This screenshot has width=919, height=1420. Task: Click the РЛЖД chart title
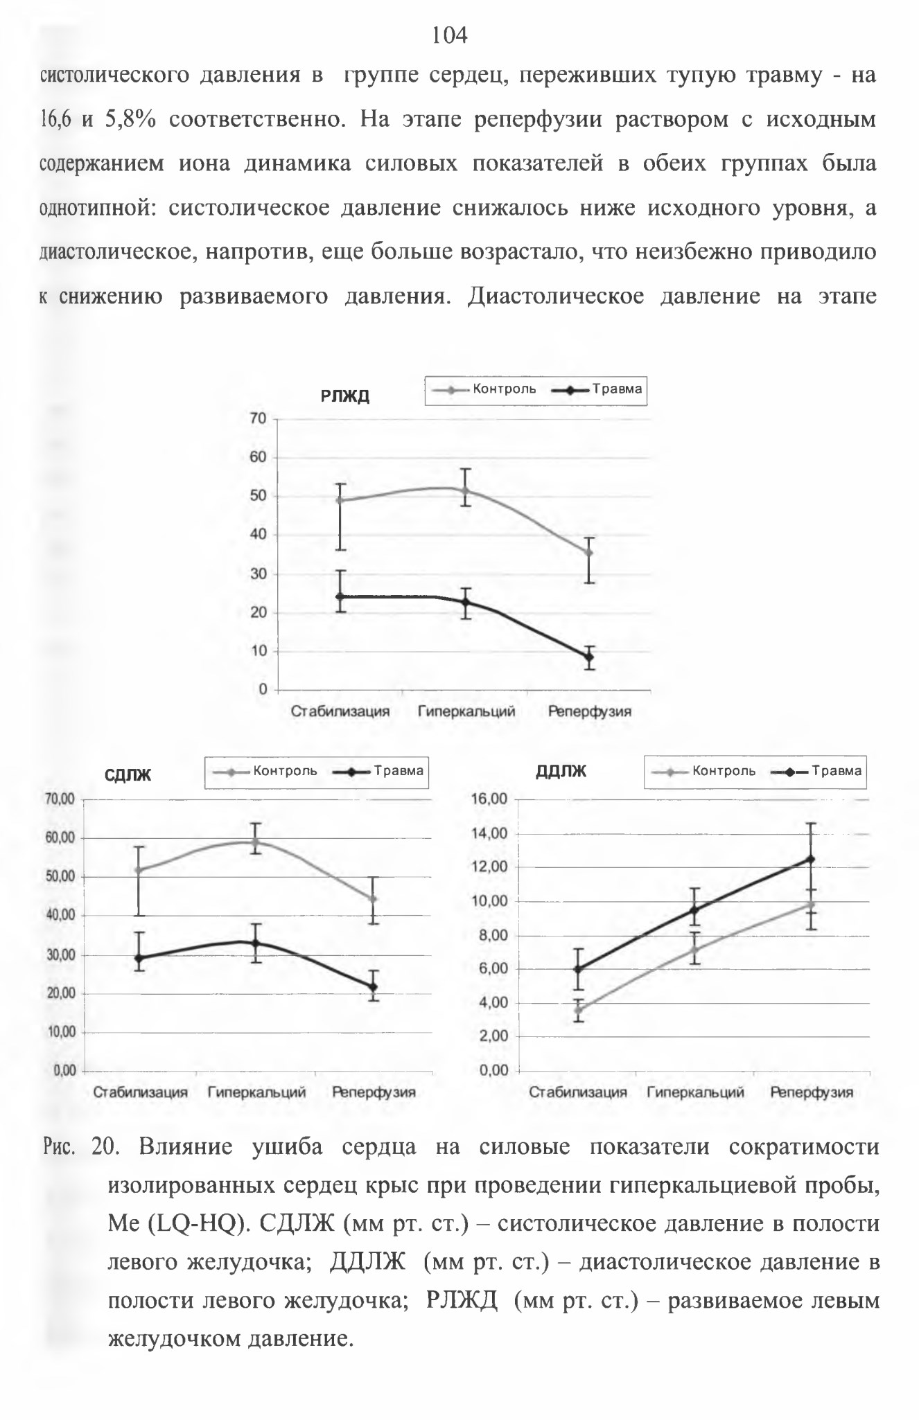pyautogui.click(x=345, y=396)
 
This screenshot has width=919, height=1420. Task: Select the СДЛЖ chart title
pyautogui.click(x=128, y=775)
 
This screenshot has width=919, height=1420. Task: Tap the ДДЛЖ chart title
pyautogui.click(x=561, y=771)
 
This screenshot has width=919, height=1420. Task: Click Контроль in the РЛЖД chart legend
pyautogui.click(x=505, y=389)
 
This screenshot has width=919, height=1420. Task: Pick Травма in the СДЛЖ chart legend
pyautogui.click(x=399, y=771)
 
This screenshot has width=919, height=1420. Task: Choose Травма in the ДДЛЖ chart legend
pyautogui.click(x=837, y=771)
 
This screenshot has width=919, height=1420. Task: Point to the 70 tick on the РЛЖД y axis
pyautogui.click(x=259, y=418)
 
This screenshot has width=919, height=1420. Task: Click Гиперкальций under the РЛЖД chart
pyautogui.click(x=466, y=711)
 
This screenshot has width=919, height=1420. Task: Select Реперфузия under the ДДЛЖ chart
pyautogui.click(x=812, y=1092)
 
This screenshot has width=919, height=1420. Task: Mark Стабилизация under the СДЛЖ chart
pyautogui.click(x=141, y=1092)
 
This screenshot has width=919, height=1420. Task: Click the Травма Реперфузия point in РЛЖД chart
pyautogui.click(x=589, y=657)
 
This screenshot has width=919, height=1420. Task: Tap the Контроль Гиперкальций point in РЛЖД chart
pyautogui.click(x=466, y=491)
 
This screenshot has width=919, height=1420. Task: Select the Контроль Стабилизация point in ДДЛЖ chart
pyautogui.click(x=577, y=1010)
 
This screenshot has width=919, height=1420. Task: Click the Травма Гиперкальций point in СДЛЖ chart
pyautogui.click(x=256, y=943)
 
